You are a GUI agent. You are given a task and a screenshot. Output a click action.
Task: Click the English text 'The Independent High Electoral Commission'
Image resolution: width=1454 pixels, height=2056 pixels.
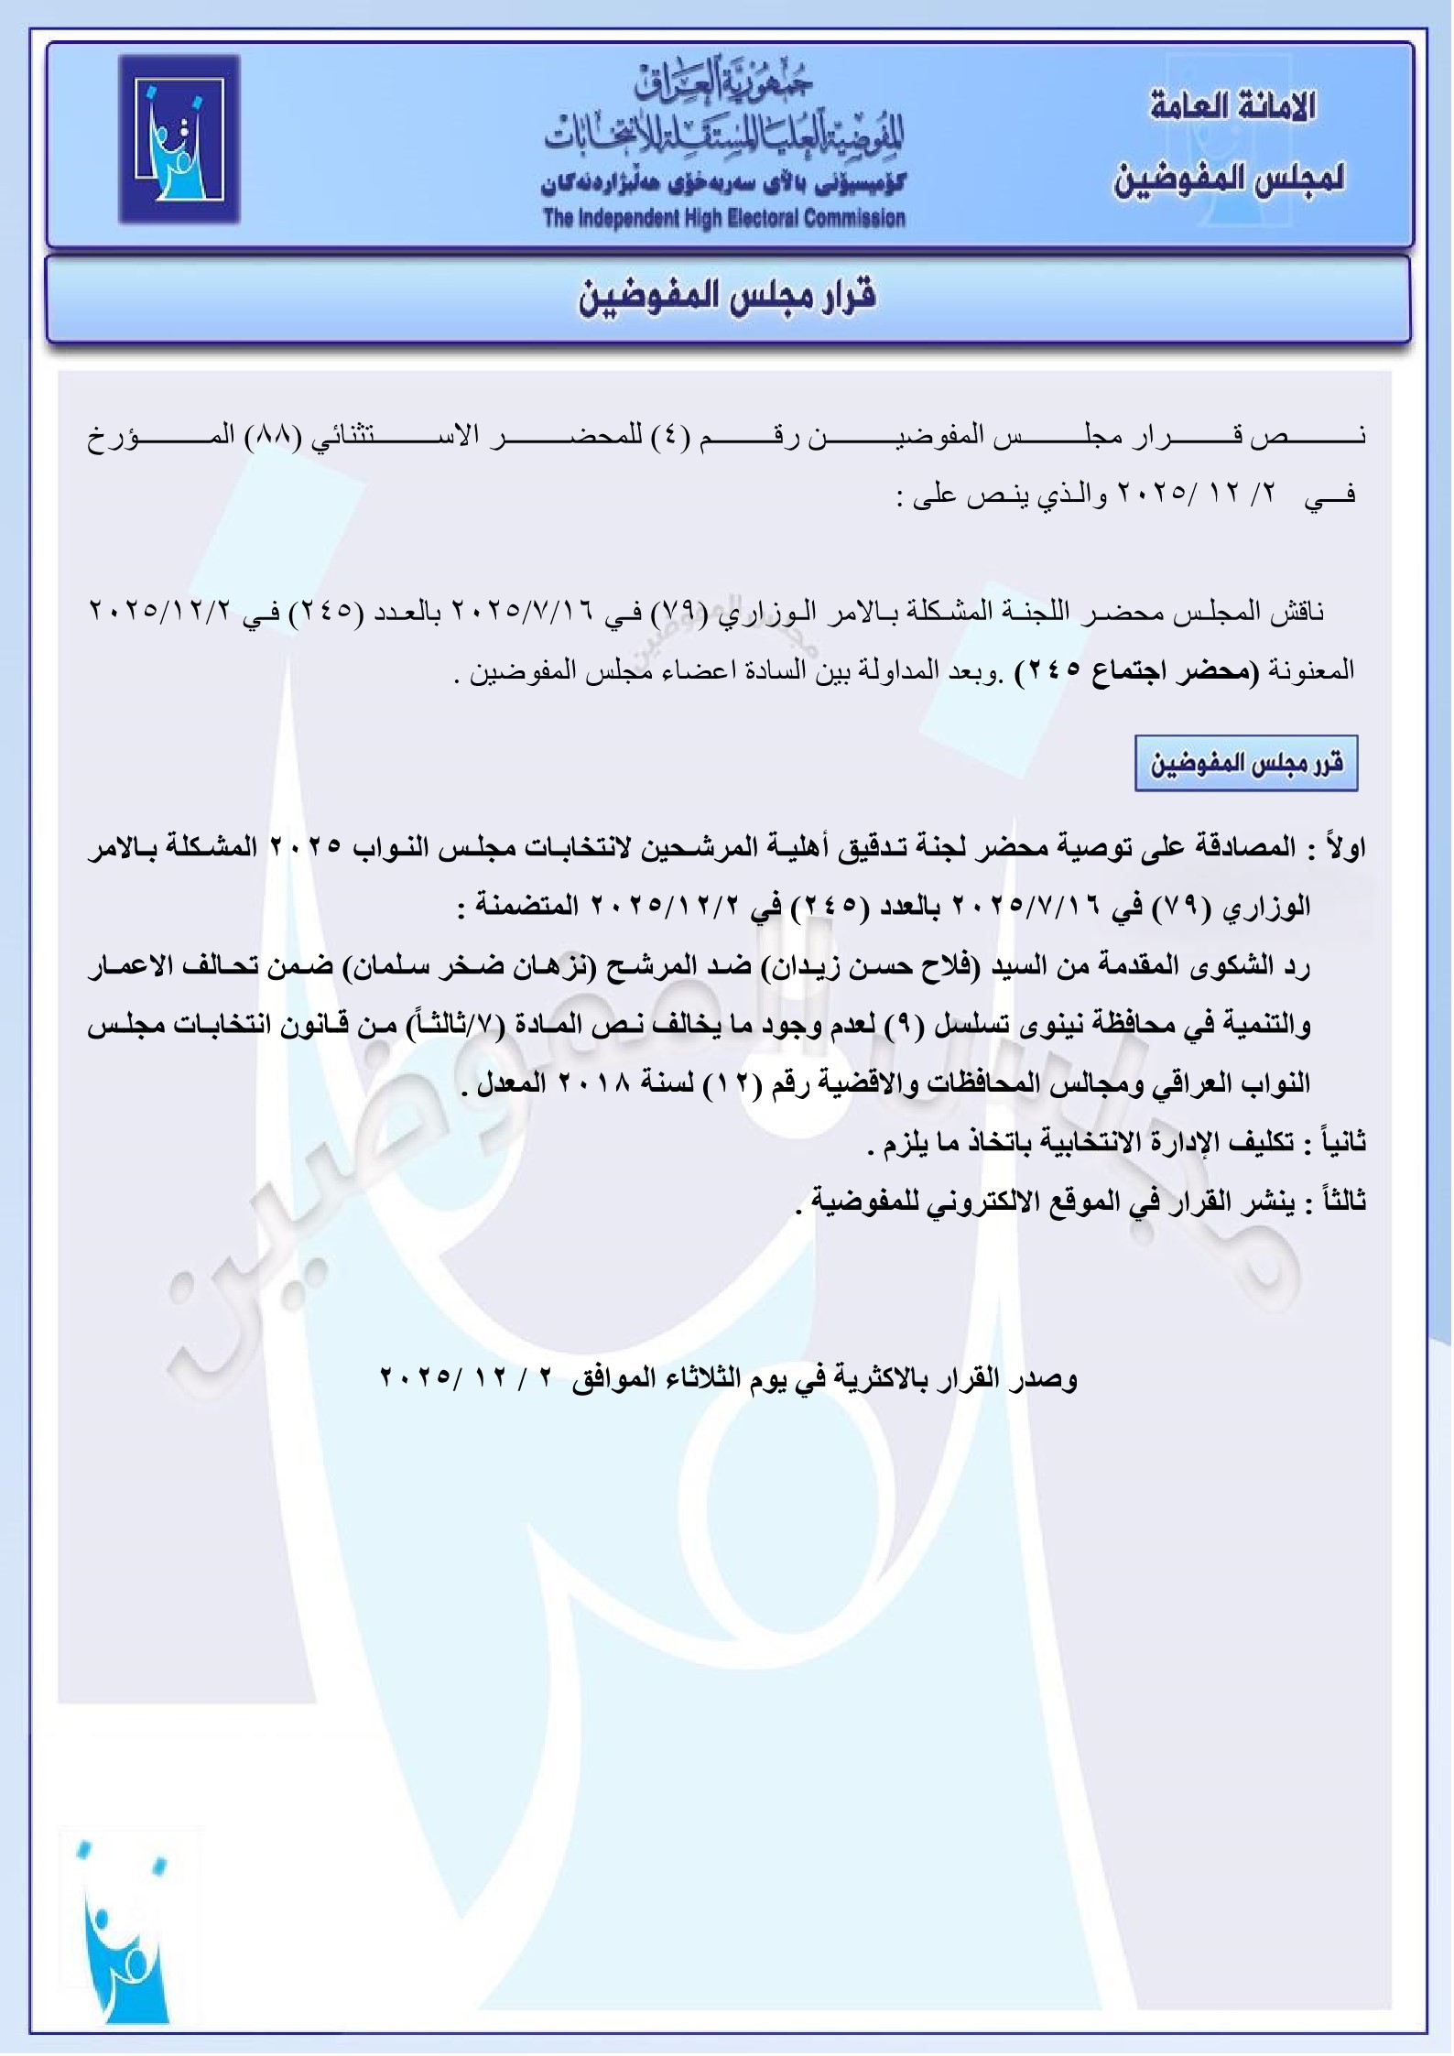(723, 218)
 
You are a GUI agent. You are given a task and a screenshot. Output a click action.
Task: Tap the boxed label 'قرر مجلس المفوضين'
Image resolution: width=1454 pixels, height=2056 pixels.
(1246, 762)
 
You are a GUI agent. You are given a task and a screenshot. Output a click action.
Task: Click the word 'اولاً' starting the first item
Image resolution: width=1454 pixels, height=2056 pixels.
(1344, 848)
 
